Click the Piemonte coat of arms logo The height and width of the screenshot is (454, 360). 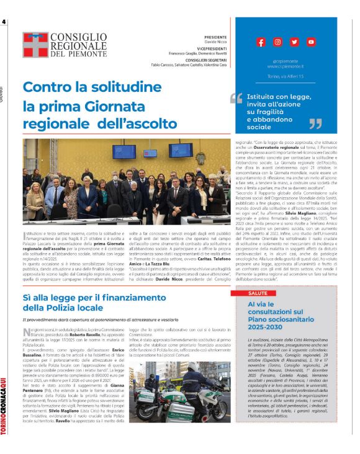click(35, 44)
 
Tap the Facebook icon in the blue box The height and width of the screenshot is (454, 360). click(261, 42)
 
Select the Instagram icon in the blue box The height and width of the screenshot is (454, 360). click(277, 42)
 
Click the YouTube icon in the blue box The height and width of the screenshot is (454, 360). click(310, 42)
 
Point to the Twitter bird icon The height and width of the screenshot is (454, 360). click(294, 42)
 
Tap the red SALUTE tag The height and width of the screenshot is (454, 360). click(241, 292)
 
